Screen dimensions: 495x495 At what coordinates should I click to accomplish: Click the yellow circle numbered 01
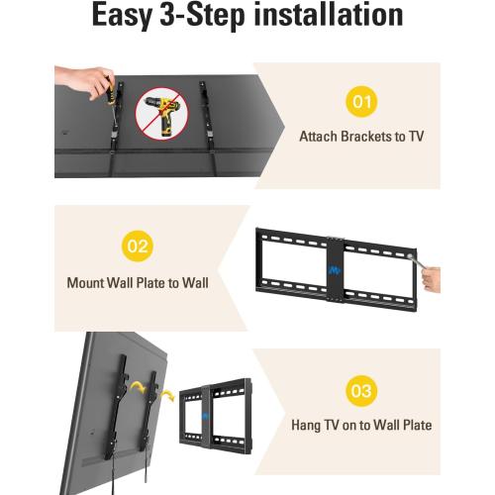click(361, 101)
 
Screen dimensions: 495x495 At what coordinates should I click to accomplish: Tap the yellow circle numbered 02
click(138, 245)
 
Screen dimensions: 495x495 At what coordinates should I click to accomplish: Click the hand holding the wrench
click(431, 277)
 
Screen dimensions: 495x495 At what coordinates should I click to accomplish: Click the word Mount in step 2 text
click(85, 282)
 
